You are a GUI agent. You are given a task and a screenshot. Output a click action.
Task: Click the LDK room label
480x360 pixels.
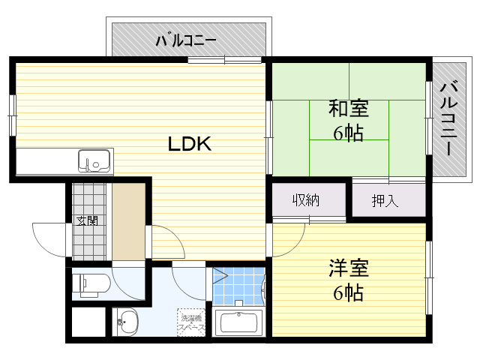(189, 144)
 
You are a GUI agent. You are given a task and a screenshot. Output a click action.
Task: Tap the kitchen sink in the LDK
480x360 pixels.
(94, 161)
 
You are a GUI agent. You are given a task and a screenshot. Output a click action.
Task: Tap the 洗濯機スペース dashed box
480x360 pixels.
(190, 323)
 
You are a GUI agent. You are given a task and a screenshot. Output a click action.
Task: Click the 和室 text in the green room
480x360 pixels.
(348, 109)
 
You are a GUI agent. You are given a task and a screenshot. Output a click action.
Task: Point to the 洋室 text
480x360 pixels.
(348, 268)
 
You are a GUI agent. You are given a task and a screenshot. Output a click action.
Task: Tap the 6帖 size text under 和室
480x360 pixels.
(349, 134)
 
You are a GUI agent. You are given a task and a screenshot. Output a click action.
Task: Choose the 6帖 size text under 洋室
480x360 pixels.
(349, 293)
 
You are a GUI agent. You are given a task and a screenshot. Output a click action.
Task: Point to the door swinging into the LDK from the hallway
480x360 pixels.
(166, 241)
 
